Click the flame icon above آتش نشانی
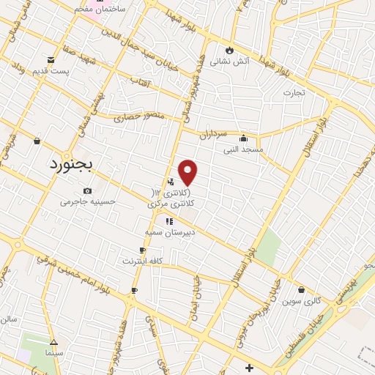click(230, 51)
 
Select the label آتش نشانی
click(230, 62)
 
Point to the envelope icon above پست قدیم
click(51, 59)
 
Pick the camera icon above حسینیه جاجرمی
click(88, 191)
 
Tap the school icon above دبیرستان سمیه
click(169, 220)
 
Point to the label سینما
click(53, 353)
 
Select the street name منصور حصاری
click(135, 116)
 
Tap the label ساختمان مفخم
click(100, 7)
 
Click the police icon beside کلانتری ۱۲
click(171, 182)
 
